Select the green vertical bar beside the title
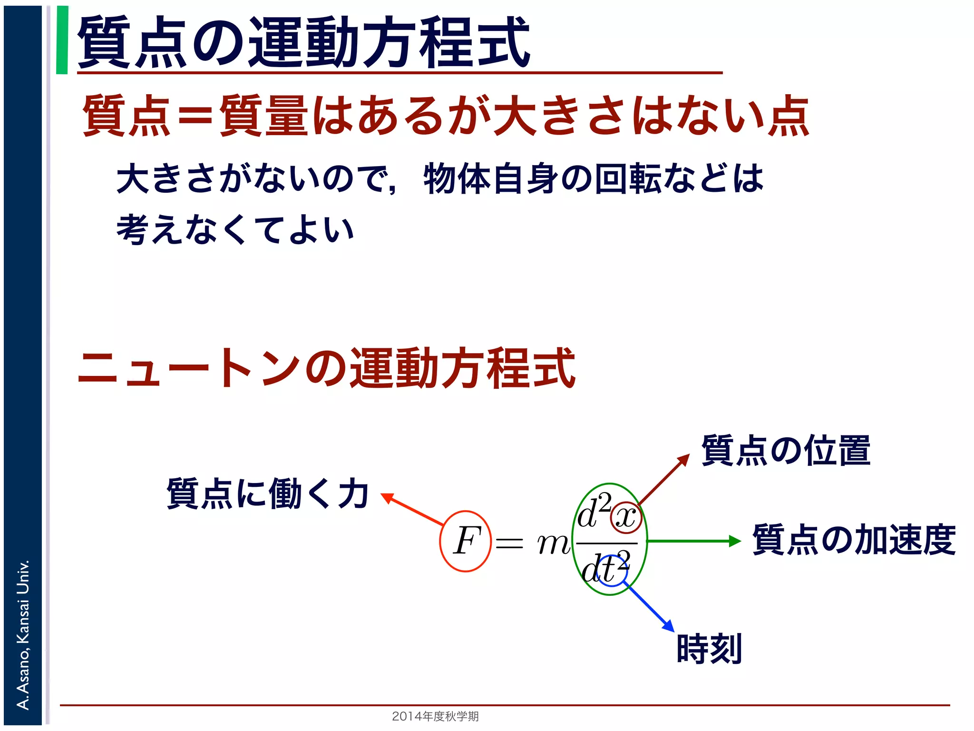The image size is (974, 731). coord(62,40)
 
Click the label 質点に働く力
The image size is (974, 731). coord(268,494)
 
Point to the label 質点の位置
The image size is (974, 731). coord(786,450)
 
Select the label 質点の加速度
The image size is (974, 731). coord(854,540)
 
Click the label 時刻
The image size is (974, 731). coord(709,648)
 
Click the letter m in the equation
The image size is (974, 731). coord(553,543)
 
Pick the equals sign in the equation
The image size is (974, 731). coord(509,543)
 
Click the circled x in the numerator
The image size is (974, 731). coord(626,517)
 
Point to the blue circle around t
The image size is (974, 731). coord(612,571)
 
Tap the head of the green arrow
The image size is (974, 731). coord(735,541)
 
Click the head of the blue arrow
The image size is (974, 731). coord(669,626)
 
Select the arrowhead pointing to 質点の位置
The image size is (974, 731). coord(684,459)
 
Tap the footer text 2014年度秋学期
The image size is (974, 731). coord(435,716)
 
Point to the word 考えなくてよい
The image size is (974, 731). coord(235,229)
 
